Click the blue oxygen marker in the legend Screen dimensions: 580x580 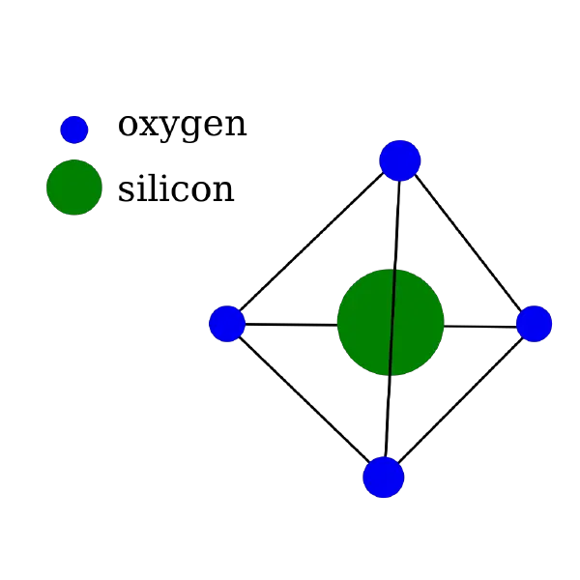pos(74,130)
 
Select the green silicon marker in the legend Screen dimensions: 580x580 pos(74,188)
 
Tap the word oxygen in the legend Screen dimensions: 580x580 pos(182,126)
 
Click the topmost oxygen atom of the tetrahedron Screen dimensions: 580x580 pos(400,160)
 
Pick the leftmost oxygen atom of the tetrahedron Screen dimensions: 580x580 pos(227,324)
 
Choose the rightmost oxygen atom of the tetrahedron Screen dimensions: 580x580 pos(534,324)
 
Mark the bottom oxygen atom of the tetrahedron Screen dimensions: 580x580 pos(383,478)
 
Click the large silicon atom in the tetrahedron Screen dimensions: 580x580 pos(391,323)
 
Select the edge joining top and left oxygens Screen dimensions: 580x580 pos(311,242)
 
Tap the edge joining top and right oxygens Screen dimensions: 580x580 pos(468,242)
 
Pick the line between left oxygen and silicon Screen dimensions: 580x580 pos(291,325)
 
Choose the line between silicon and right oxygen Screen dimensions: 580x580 pos(480,327)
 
